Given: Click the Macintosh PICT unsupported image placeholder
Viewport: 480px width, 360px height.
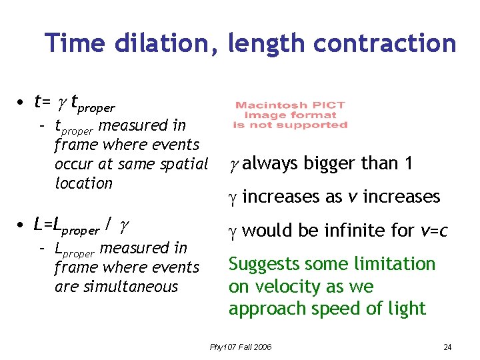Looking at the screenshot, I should click(290, 115).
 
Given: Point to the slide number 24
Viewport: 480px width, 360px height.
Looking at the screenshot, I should click(447, 347).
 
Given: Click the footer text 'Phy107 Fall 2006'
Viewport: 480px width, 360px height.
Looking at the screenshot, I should click(241, 347).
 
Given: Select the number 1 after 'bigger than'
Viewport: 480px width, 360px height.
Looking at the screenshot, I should click(408, 163).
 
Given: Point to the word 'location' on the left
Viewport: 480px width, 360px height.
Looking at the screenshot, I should click(84, 183).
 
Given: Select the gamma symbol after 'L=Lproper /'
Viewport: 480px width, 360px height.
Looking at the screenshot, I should click(124, 227).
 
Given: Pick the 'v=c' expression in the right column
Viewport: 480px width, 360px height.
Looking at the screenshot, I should click(434, 231).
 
